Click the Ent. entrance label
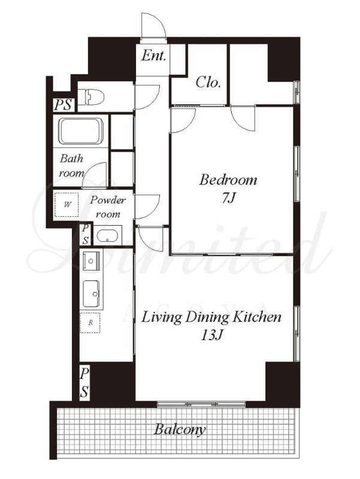pyautogui.click(x=154, y=56)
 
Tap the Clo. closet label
pyautogui.click(x=208, y=82)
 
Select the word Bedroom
pyautogui.click(x=228, y=180)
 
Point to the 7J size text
pyautogui.click(x=228, y=199)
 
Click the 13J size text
pyautogui.click(x=211, y=335)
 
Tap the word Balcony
pyautogui.click(x=180, y=429)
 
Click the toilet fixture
pyautogui.click(x=91, y=97)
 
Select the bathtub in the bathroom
pyautogui.click(x=81, y=131)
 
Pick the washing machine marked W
pyautogui.click(x=66, y=204)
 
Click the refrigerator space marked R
pyautogui.click(x=90, y=323)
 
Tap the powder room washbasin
pyautogui.click(x=107, y=236)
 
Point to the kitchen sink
pyautogui.click(x=92, y=294)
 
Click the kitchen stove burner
pyautogui.click(x=91, y=261)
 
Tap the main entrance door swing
pyautogui.click(x=154, y=27)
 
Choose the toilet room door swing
pyautogui.click(x=147, y=97)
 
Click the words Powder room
pyautogui.click(x=108, y=207)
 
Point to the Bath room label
pyautogui.click(x=71, y=166)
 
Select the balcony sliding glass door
pyautogui.click(x=201, y=404)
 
